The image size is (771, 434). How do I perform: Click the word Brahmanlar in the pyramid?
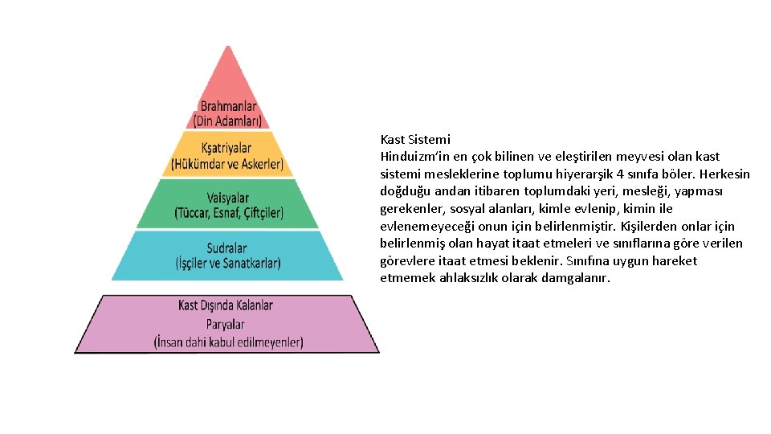(228, 106)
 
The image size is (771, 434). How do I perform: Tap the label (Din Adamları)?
(228, 121)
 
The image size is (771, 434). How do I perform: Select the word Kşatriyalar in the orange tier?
(227, 149)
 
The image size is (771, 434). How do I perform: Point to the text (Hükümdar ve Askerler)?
(227, 165)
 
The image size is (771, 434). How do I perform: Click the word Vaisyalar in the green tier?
(227, 198)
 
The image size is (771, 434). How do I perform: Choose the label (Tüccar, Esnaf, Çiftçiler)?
(228, 213)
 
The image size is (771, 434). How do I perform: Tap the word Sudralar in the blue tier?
(226, 248)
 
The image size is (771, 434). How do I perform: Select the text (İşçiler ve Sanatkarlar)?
(227, 263)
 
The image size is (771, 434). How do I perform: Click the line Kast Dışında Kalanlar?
(226, 305)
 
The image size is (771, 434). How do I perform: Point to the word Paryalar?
(226, 324)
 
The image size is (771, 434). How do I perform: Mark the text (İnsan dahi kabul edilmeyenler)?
(228, 342)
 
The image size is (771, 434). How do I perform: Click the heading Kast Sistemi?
(415, 139)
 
